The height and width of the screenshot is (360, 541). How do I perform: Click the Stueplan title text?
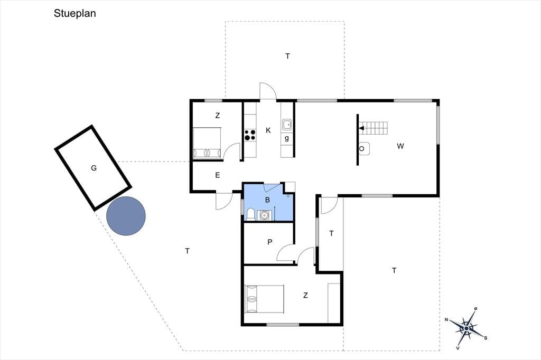(74, 13)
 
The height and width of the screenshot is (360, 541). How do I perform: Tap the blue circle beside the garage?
(126, 216)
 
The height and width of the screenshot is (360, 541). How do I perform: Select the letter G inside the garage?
(94, 168)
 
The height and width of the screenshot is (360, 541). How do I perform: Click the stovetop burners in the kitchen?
(250, 135)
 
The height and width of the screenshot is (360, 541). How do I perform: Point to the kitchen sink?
(287, 124)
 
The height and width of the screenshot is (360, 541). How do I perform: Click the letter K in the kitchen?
(268, 130)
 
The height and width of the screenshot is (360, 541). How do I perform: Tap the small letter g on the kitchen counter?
(287, 139)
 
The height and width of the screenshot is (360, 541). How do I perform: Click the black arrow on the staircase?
(361, 128)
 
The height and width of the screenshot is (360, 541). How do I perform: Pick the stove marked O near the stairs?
(363, 149)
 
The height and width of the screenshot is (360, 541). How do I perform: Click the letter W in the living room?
(400, 146)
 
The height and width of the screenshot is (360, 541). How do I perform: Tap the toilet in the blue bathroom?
(250, 214)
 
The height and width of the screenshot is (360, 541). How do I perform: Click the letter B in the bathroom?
(267, 200)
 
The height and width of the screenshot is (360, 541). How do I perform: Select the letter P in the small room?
(270, 242)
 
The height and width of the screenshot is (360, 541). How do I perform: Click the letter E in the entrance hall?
(217, 175)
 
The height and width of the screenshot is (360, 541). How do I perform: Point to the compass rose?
(467, 328)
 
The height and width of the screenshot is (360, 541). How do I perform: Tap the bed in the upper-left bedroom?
(207, 143)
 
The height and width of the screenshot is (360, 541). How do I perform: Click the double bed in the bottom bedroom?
(264, 299)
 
